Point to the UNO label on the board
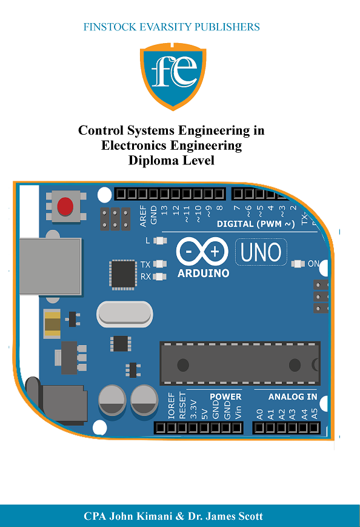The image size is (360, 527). [x=261, y=252]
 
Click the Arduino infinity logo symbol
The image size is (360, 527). [x=202, y=251]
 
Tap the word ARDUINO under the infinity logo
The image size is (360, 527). [x=203, y=274]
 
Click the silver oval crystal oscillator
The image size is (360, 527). [x=124, y=314]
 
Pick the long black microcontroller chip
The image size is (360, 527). [x=239, y=364]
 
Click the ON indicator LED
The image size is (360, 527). [x=298, y=264]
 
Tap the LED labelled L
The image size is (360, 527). [x=160, y=241]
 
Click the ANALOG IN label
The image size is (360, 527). [x=293, y=397]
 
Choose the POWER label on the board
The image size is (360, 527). [x=225, y=397]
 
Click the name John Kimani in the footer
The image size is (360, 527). [x=142, y=516]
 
